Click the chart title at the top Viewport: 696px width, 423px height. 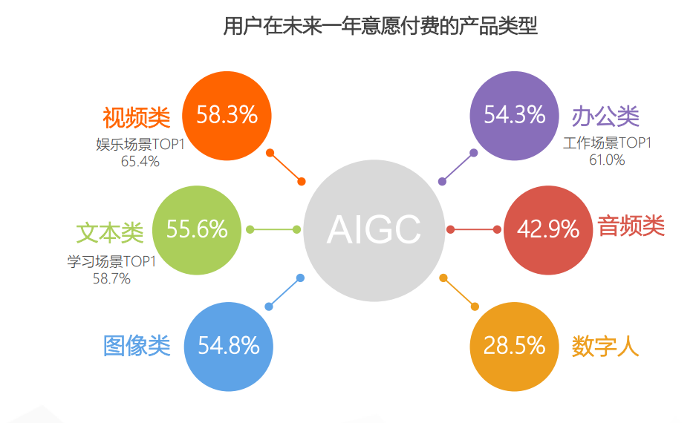point(380,26)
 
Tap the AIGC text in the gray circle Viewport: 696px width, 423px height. point(374,229)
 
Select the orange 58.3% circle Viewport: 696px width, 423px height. point(227,116)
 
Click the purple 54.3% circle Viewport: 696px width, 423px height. point(515,116)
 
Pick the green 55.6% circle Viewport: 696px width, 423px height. point(197,230)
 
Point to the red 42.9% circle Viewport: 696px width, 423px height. point(548,230)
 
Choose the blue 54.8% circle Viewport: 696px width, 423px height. point(229,347)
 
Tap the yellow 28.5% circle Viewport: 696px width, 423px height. point(515,347)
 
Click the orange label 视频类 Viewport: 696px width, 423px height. point(137,117)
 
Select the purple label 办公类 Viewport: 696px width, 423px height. point(605,117)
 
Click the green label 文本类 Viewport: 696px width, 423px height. point(110,233)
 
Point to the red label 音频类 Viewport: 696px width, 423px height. point(631,226)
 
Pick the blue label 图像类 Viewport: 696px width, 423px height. point(137,345)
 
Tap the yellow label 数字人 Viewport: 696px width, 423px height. point(605,346)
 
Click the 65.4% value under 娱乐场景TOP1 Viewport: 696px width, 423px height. point(140,161)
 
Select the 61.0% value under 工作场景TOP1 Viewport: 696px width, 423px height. point(607,160)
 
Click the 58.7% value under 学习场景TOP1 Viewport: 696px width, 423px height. point(111,278)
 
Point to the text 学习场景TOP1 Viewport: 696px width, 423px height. point(111,262)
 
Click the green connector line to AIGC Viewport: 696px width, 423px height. point(273,229)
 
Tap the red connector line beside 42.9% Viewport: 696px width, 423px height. point(474,229)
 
